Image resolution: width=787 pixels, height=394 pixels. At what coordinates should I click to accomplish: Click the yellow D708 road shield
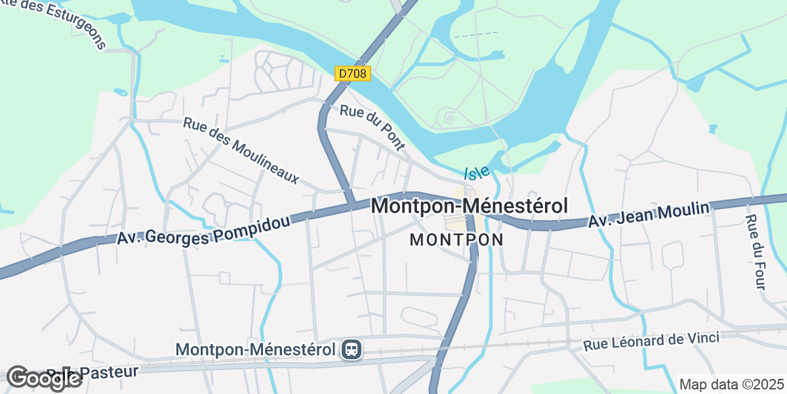pyautogui.click(x=353, y=74)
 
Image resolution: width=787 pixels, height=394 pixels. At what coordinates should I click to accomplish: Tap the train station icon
pyautogui.click(x=352, y=349)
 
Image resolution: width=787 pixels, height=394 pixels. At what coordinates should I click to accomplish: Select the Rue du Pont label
pyautogui.click(x=372, y=127)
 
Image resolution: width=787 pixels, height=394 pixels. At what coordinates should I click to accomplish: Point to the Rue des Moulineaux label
pyautogui.click(x=241, y=150)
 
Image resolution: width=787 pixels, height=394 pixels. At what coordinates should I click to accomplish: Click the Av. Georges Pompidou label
pyautogui.click(x=203, y=230)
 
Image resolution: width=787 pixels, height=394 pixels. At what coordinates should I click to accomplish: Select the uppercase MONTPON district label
pyautogui.click(x=456, y=240)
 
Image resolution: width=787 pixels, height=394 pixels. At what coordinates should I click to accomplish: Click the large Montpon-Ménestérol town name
pyautogui.click(x=469, y=206)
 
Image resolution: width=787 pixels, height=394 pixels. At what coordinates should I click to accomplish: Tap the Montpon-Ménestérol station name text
pyautogui.click(x=256, y=350)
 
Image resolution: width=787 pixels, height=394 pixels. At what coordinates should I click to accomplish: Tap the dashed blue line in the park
pyautogui.click(x=475, y=33)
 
